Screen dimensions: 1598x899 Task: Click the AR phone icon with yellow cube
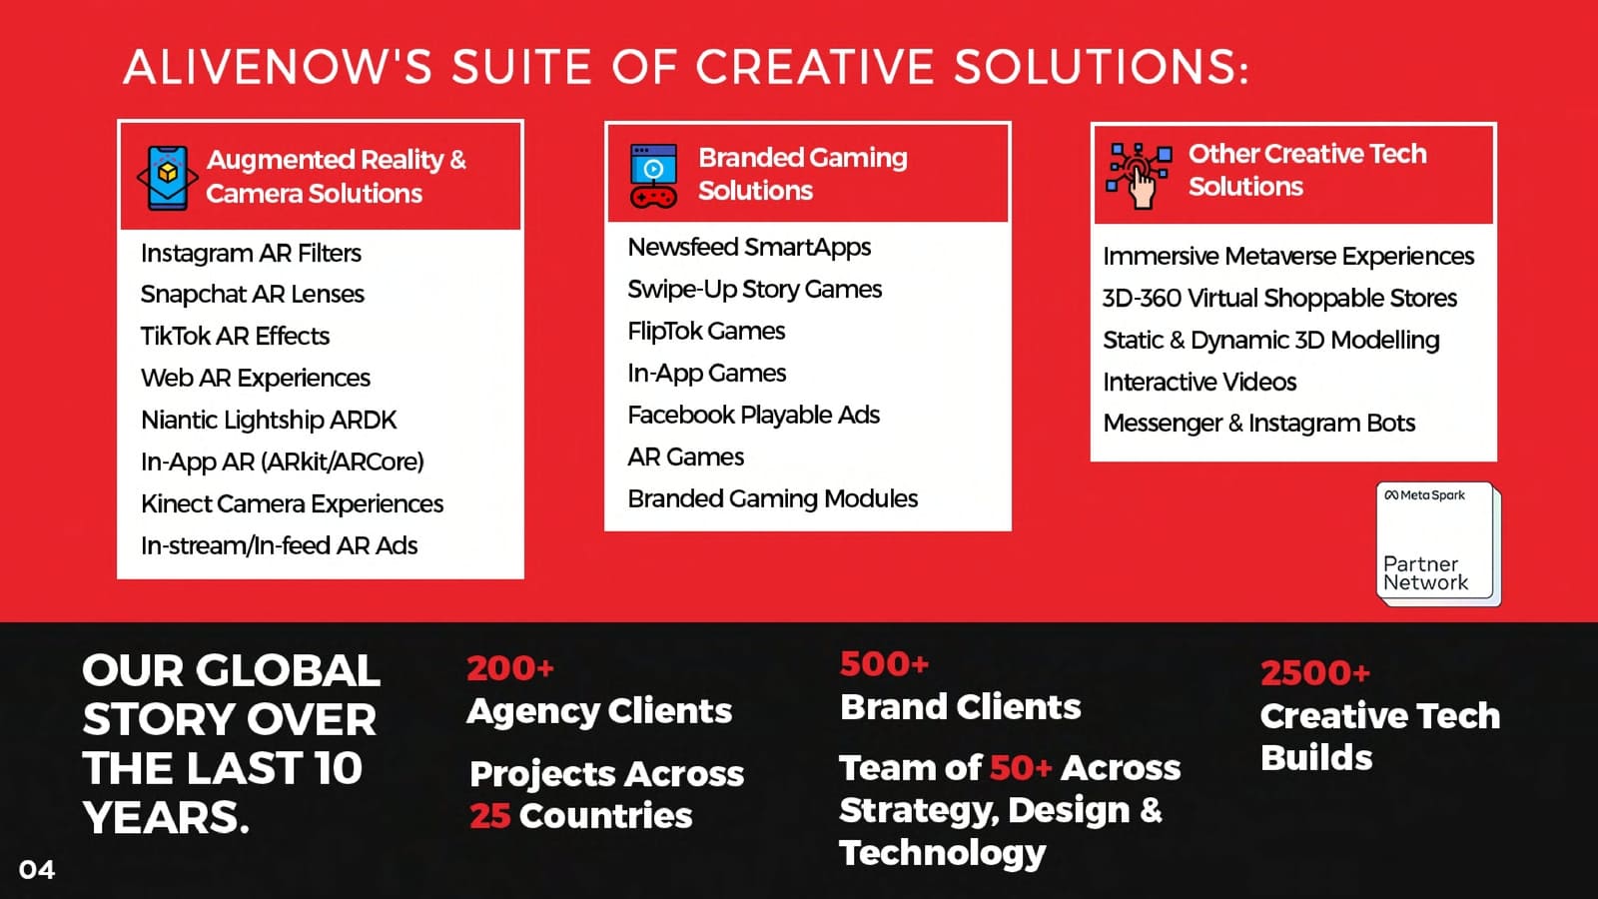click(x=168, y=178)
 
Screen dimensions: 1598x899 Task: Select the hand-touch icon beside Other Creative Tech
click(x=1139, y=176)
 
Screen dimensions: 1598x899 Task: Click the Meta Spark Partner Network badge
click(x=1438, y=543)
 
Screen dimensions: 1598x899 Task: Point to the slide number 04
click(x=37, y=870)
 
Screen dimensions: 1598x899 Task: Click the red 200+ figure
click(x=510, y=668)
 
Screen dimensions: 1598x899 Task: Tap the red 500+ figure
click(x=884, y=663)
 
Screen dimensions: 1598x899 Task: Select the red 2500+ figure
click(x=1314, y=673)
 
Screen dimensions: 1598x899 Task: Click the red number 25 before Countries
click(x=490, y=815)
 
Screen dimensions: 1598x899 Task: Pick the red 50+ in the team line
click(x=1020, y=768)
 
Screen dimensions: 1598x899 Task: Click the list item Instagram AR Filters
click(x=251, y=254)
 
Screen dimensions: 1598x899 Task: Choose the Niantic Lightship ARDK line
click(x=269, y=421)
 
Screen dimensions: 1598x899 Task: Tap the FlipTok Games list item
click(x=706, y=331)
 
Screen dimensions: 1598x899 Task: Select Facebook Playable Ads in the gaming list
click(x=753, y=416)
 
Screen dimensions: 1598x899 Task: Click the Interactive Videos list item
click(x=1199, y=382)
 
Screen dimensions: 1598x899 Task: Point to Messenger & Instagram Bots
click(x=1259, y=424)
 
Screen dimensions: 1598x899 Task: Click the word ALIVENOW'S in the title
click(x=279, y=67)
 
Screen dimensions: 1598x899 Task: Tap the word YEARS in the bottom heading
click(x=166, y=817)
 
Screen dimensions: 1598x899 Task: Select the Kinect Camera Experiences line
click(x=292, y=503)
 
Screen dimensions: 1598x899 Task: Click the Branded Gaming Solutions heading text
click(x=803, y=174)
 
